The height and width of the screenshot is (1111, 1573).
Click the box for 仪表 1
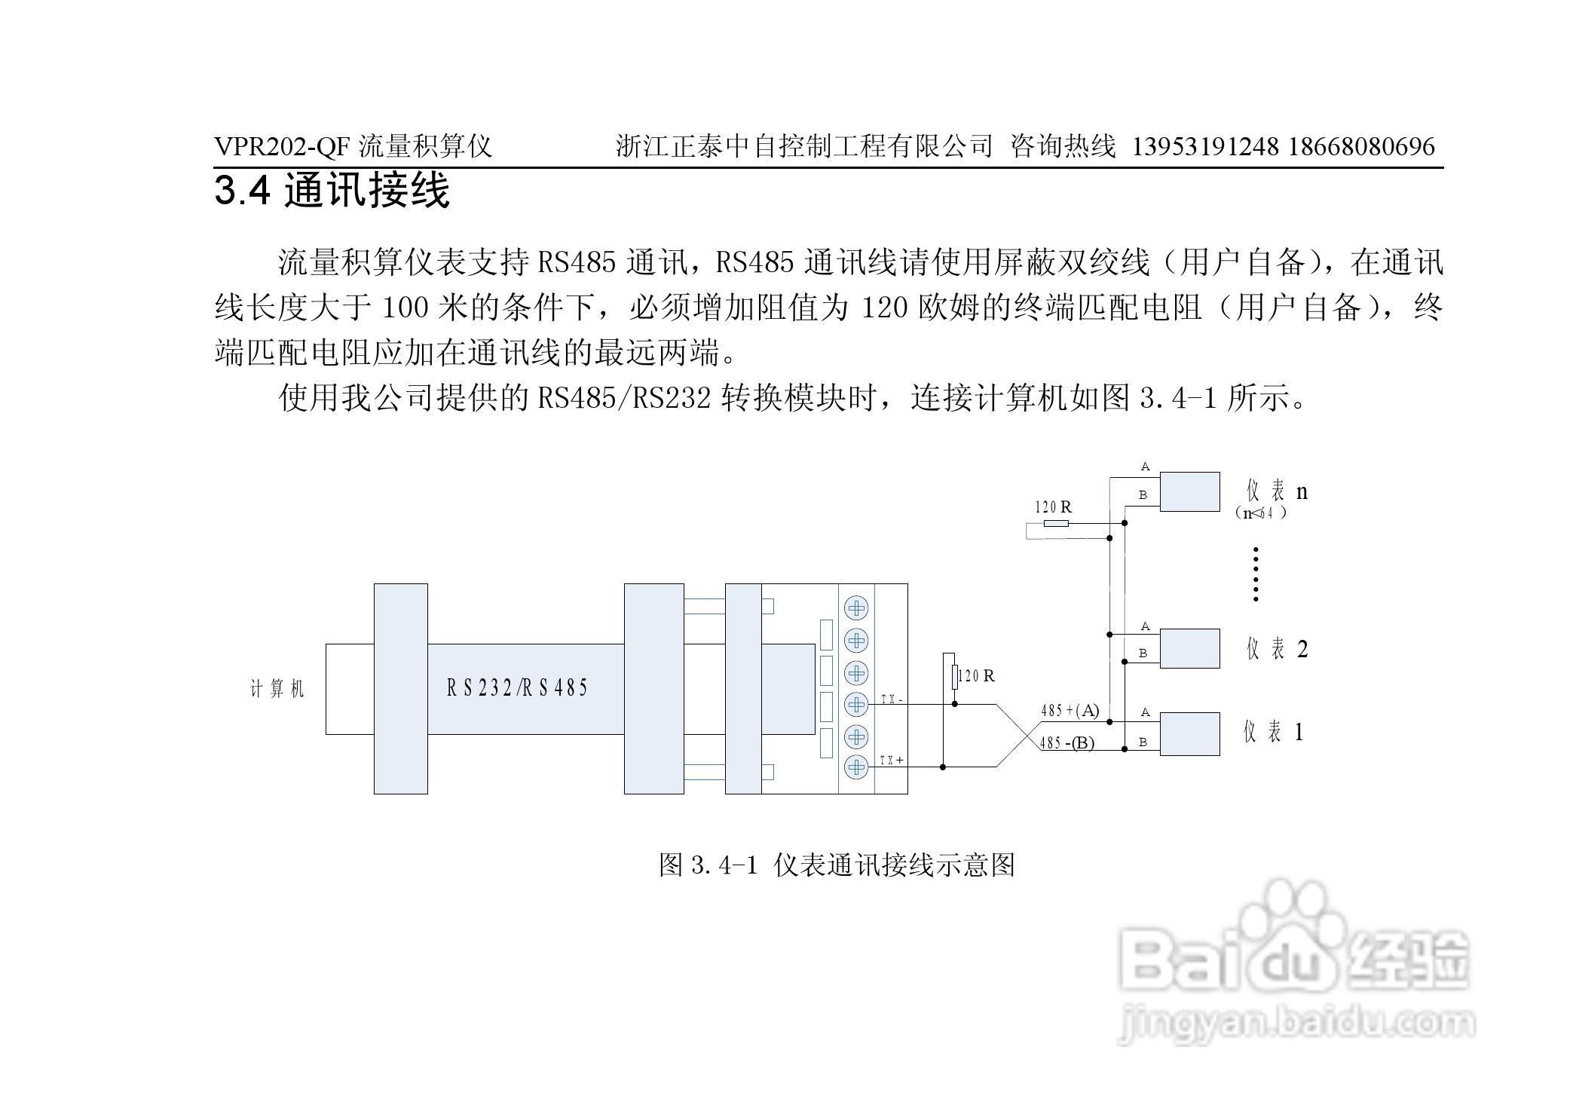click(x=1189, y=733)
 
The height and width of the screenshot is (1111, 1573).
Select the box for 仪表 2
click(x=1189, y=648)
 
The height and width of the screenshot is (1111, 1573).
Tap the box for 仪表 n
click(x=1189, y=491)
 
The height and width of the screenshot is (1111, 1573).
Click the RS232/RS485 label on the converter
click(x=517, y=687)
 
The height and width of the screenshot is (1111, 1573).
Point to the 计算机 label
click(x=277, y=689)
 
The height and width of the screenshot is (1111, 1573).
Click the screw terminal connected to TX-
click(x=856, y=704)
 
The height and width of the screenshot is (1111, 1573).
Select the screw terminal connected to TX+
click(x=856, y=767)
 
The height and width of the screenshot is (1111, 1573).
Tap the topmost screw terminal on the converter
click(x=856, y=608)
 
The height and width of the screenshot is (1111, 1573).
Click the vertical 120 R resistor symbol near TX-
click(x=954, y=676)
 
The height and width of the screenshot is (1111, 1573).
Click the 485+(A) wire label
click(x=1070, y=710)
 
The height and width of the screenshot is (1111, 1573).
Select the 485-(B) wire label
click(x=1067, y=743)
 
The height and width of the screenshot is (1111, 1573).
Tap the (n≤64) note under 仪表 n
click(x=1260, y=513)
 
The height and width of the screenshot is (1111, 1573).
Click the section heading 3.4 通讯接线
click(x=332, y=190)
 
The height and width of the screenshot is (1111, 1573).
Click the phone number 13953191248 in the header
click(x=1205, y=146)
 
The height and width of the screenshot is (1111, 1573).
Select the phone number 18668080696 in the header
click(x=1361, y=146)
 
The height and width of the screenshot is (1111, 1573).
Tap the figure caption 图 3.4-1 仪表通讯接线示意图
click(x=837, y=865)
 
